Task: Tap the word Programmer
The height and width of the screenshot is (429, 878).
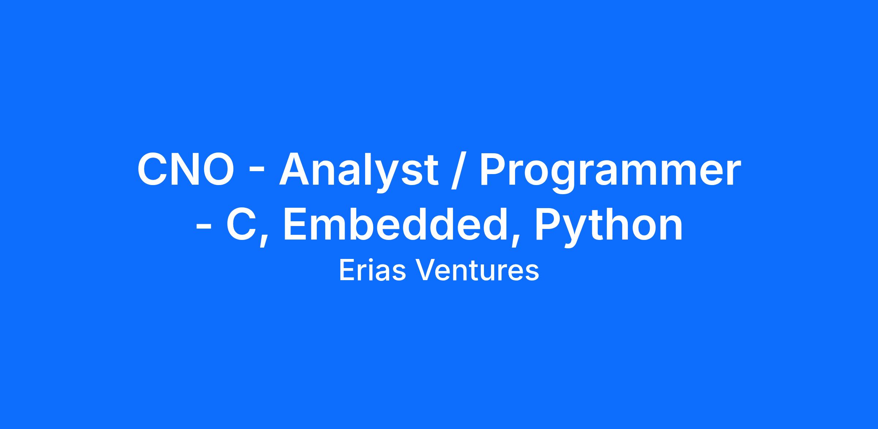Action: pyautogui.click(x=610, y=172)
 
